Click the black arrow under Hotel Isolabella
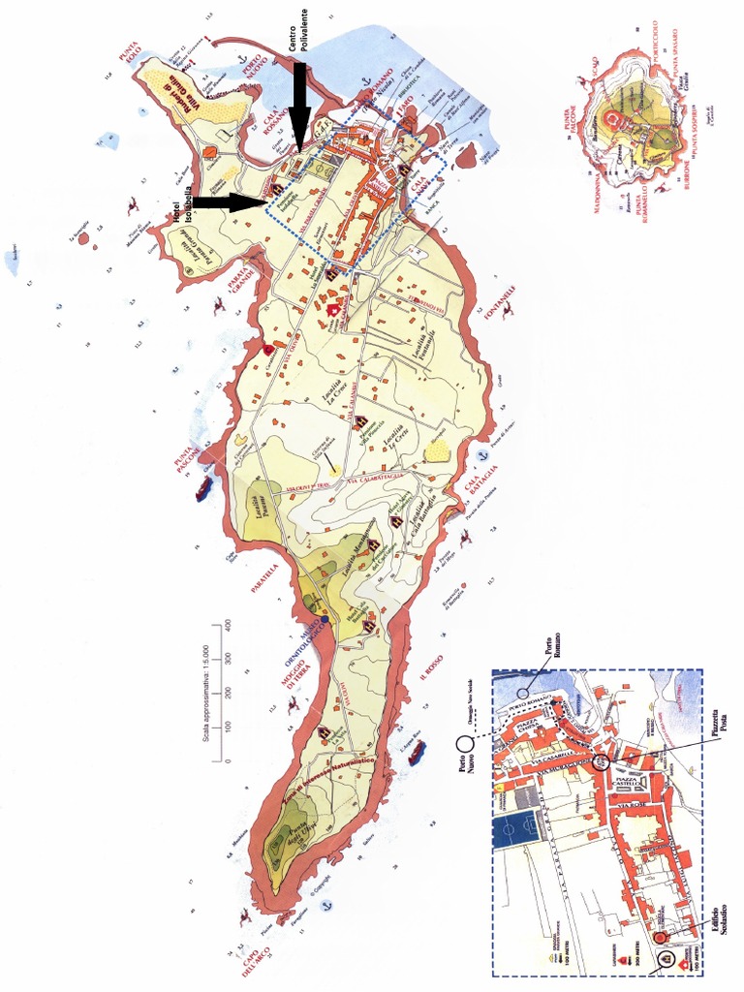coord(230,201)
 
